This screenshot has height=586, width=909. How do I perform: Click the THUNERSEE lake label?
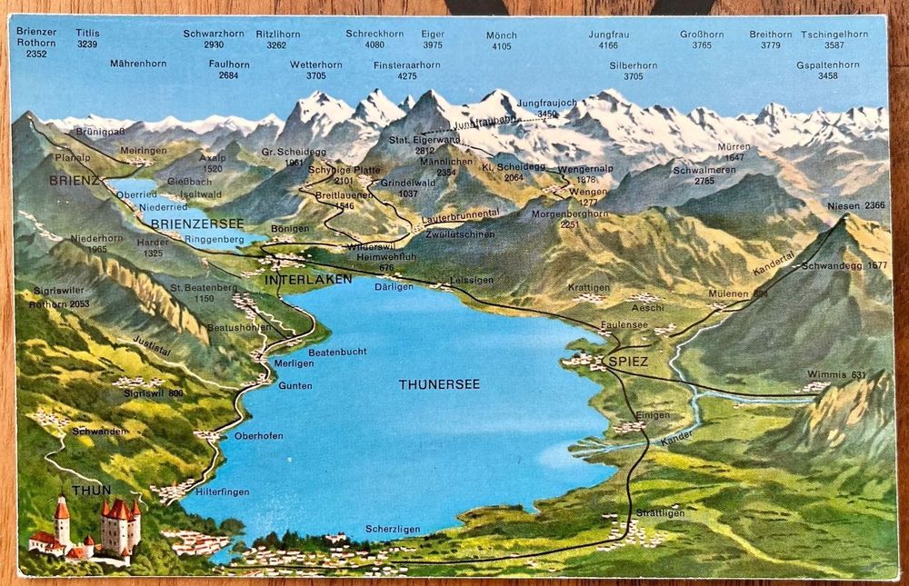click(x=438, y=384)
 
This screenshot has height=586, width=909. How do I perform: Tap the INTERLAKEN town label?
click(x=308, y=280)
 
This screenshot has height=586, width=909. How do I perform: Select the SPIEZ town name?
click(x=626, y=362)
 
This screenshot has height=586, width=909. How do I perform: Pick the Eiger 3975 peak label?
click(x=433, y=39)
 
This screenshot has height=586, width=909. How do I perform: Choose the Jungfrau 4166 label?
click(x=608, y=40)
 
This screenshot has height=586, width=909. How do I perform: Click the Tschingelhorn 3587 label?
click(x=834, y=39)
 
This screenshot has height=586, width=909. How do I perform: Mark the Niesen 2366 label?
click(x=855, y=206)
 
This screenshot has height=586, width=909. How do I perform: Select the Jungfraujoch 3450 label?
click(x=546, y=108)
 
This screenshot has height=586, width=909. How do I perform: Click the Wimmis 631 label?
click(x=834, y=375)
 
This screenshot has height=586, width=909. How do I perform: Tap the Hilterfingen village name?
click(x=222, y=492)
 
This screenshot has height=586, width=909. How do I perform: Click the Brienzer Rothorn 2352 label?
click(x=36, y=43)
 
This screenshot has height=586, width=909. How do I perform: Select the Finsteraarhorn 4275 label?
click(x=406, y=71)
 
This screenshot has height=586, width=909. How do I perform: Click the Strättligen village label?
click(x=661, y=513)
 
